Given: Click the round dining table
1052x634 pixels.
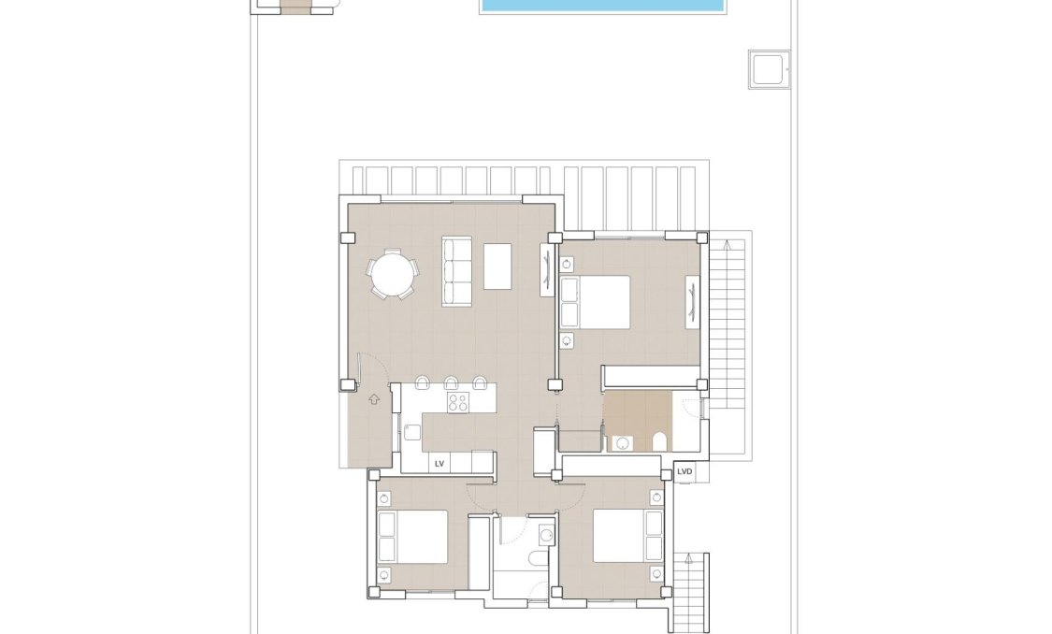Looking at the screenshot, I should pyautogui.click(x=393, y=276).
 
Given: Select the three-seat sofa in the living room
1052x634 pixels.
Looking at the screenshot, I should pyautogui.click(x=455, y=271).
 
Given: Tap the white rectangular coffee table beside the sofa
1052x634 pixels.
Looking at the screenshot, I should pyautogui.click(x=498, y=267).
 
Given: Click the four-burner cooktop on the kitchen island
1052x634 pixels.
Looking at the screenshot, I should pyautogui.click(x=458, y=403).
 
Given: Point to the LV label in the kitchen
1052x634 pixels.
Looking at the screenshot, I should pyautogui.click(x=440, y=463).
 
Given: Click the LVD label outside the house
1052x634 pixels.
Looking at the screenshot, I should pyautogui.click(x=685, y=471).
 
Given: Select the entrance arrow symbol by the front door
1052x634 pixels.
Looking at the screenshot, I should pyautogui.click(x=374, y=399).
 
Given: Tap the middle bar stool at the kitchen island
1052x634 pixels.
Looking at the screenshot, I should pyautogui.click(x=451, y=382).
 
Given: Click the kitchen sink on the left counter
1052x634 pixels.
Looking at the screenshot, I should pyautogui.click(x=412, y=431).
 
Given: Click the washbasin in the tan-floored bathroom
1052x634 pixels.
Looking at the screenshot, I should pyautogui.click(x=623, y=443).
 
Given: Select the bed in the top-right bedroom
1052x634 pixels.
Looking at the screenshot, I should pyautogui.click(x=597, y=301).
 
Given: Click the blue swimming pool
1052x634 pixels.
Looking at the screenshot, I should pyautogui.click(x=603, y=6).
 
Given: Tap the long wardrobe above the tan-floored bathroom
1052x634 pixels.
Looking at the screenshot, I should pyautogui.click(x=651, y=377).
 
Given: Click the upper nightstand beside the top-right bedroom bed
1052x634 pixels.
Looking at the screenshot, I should pyautogui.click(x=567, y=265).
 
